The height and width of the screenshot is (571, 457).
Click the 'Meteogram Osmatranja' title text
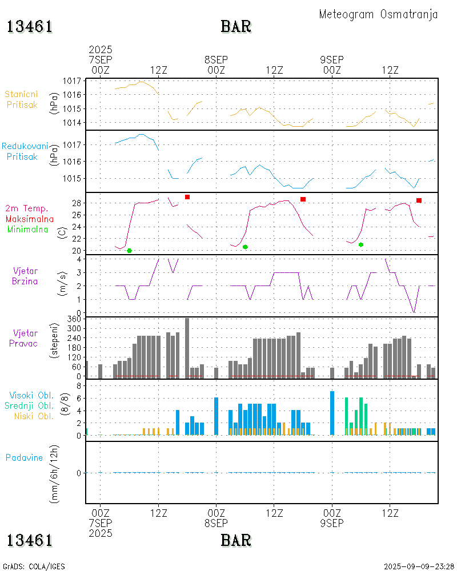pyautogui.click(x=378, y=14)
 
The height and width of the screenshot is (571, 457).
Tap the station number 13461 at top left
pyautogui.click(x=30, y=26)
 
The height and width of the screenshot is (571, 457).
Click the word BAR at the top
pyautogui.click(x=236, y=26)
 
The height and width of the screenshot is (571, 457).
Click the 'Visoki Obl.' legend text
pyautogui.click(x=31, y=395)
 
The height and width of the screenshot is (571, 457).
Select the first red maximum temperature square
pyautogui.click(x=187, y=197)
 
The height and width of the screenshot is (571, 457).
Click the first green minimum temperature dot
pyautogui.click(x=130, y=251)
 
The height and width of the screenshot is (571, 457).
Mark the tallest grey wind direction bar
pyautogui.click(x=187, y=348)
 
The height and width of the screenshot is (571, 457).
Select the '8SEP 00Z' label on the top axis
pyautogui.click(x=217, y=65)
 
